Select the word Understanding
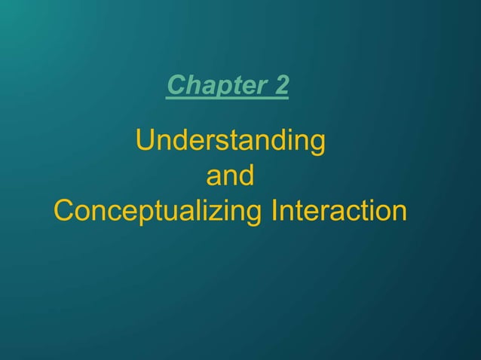click(230, 142)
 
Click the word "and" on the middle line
click(230, 177)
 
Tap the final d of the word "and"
click(246, 177)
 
